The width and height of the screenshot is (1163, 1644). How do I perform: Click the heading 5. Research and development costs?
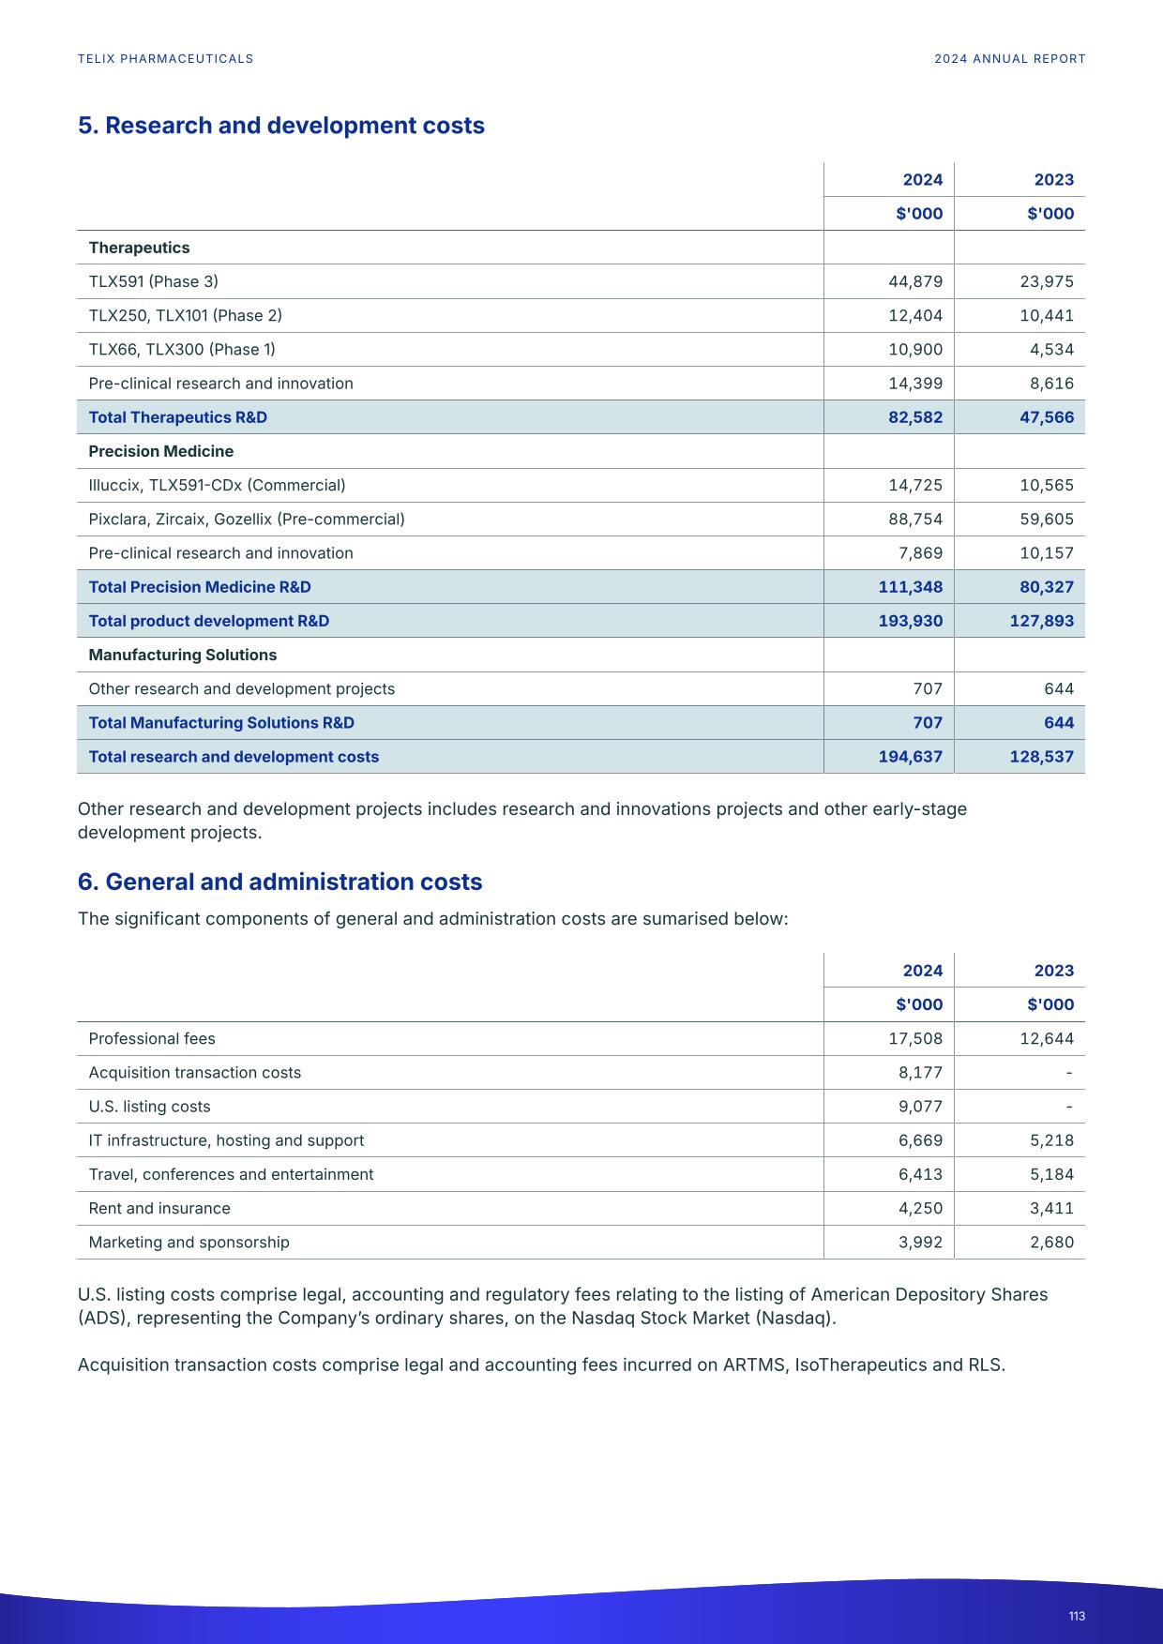coord(280,126)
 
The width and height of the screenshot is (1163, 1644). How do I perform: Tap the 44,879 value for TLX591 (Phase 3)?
coord(914,281)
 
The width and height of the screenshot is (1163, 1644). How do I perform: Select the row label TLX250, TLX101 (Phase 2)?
coord(185,315)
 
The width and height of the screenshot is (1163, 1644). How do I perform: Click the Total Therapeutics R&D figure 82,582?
coord(914,417)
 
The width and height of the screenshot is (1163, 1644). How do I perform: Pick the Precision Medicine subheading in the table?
coord(160,451)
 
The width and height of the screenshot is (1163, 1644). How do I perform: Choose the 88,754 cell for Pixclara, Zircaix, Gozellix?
coord(914,519)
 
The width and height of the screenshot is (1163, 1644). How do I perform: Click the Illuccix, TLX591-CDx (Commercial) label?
coord(217,485)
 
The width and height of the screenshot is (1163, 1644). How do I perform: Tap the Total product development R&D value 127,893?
coord(1041,621)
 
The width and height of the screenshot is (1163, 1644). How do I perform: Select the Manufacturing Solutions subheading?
coord(182,655)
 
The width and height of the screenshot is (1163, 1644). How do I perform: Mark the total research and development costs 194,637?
coord(910,757)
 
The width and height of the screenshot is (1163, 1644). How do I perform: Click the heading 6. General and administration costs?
coord(279,882)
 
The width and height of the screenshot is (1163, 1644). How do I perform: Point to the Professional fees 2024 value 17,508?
coord(914,1038)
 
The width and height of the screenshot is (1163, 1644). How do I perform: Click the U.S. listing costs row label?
coord(149,1107)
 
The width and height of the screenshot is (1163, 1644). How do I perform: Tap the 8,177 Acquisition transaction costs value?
coord(920,1072)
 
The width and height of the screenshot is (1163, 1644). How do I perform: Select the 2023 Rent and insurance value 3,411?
coord(1051,1208)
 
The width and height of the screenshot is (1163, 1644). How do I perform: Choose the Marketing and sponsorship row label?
coord(189,1242)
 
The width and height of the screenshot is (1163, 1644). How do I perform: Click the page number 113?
coord(1076,1616)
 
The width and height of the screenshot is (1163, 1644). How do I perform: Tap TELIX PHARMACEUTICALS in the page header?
coord(165,58)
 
